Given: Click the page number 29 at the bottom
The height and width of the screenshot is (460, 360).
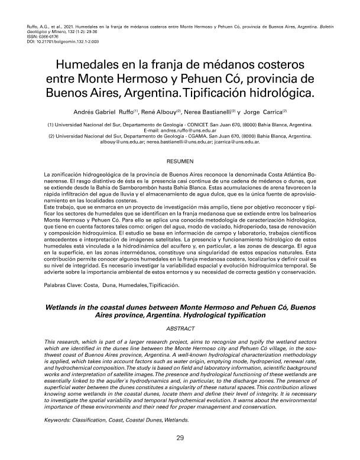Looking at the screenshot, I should click(x=179, y=439).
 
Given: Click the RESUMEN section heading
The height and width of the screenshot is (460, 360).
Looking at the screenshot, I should click(x=180, y=161).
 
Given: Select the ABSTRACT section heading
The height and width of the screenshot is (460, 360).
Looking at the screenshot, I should click(x=180, y=327).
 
